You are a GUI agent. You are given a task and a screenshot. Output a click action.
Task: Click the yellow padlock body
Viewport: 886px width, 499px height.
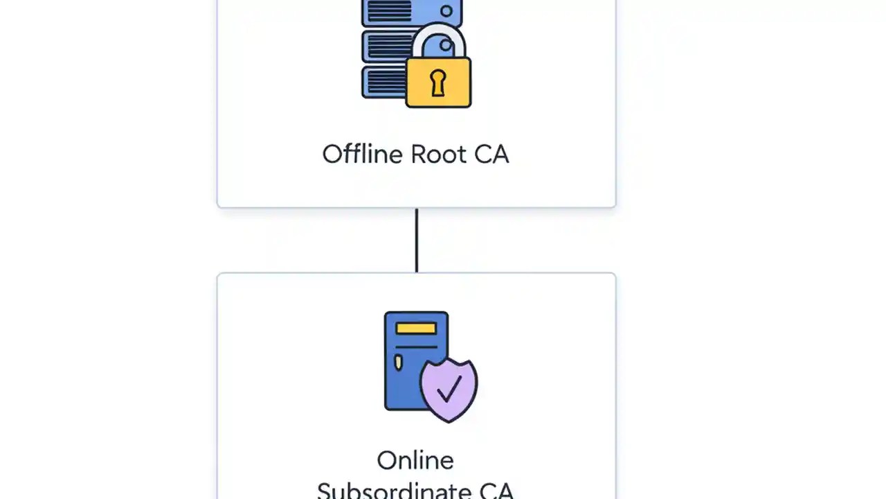438,82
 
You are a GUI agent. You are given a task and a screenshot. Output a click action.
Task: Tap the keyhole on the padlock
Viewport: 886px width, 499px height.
438,82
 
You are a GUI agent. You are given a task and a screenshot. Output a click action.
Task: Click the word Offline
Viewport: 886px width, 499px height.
363,154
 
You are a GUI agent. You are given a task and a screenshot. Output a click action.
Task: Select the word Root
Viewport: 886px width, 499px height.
438,154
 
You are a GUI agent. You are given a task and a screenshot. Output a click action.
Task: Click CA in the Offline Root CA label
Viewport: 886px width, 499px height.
491,154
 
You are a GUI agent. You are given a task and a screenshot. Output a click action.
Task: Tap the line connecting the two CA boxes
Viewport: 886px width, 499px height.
416,240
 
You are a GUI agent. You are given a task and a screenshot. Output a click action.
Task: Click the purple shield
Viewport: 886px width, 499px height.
449,390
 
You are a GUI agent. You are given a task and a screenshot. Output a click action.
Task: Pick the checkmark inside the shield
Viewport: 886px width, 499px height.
449,389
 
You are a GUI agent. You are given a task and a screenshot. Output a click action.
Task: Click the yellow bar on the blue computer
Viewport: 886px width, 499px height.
416,328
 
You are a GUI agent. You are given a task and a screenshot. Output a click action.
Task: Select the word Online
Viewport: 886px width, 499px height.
415,460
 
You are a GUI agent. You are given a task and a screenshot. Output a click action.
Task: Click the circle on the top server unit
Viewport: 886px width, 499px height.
446,12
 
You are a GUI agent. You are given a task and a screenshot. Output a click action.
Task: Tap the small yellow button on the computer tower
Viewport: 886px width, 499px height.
398,362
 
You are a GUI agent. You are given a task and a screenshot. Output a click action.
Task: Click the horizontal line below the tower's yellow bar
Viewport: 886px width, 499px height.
416,346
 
